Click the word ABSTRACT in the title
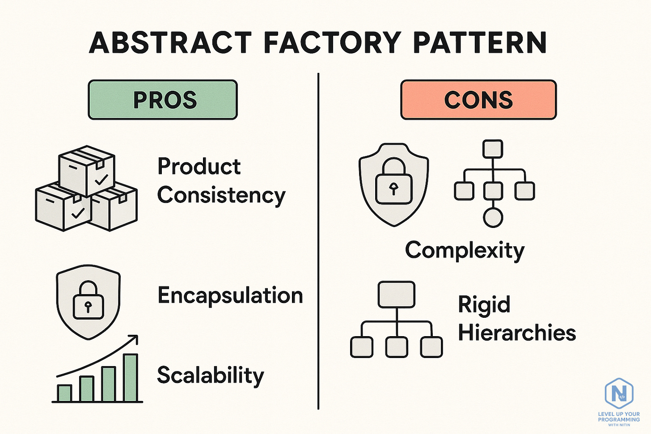(170, 43)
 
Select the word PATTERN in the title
(479, 43)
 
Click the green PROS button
(163, 100)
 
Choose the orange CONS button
(478, 100)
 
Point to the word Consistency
(221, 196)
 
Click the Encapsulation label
(230, 295)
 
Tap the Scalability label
(210, 375)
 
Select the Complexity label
(465, 250)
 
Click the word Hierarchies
(517, 333)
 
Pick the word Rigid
(484, 305)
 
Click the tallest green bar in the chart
(131, 378)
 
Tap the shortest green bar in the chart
(64, 393)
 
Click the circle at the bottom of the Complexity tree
(493, 218)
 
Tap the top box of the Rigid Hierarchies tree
(396, 294)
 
